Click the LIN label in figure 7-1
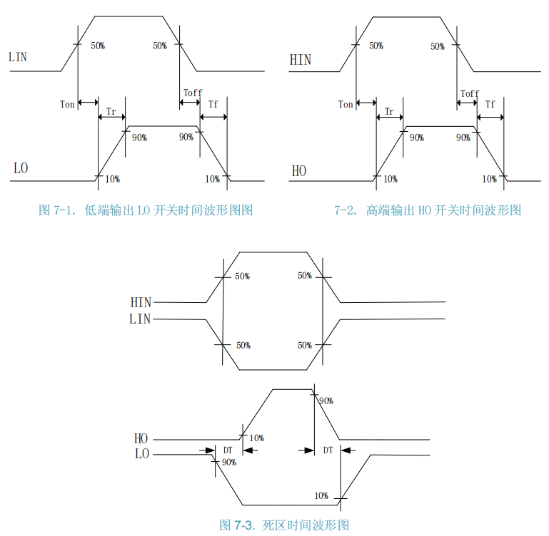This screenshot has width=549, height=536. pos(18,56)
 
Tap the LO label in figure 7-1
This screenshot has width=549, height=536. pos(21,169)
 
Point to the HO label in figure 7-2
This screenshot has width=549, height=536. pos(299,171)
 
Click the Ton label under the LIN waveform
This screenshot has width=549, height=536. pos(67,105)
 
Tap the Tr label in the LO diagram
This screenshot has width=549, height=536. pos(111,112)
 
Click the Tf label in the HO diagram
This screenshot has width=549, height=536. pos(490,104)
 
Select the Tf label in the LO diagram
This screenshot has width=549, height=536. pos(213,104)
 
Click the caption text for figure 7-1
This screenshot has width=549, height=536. pos(146,210)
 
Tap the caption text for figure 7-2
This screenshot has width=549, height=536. pos(428,210)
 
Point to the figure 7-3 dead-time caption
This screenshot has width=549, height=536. pos(284,525)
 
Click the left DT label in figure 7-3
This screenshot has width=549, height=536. pos(228,450)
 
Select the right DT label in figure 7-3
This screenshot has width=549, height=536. pos(328,450)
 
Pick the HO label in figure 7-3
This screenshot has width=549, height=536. pos(141,439)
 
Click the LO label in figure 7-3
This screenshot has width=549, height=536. pos(141,454)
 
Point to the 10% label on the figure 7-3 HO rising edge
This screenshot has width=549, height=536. pos(256,438)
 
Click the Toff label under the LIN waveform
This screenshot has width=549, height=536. pos(193,93)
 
